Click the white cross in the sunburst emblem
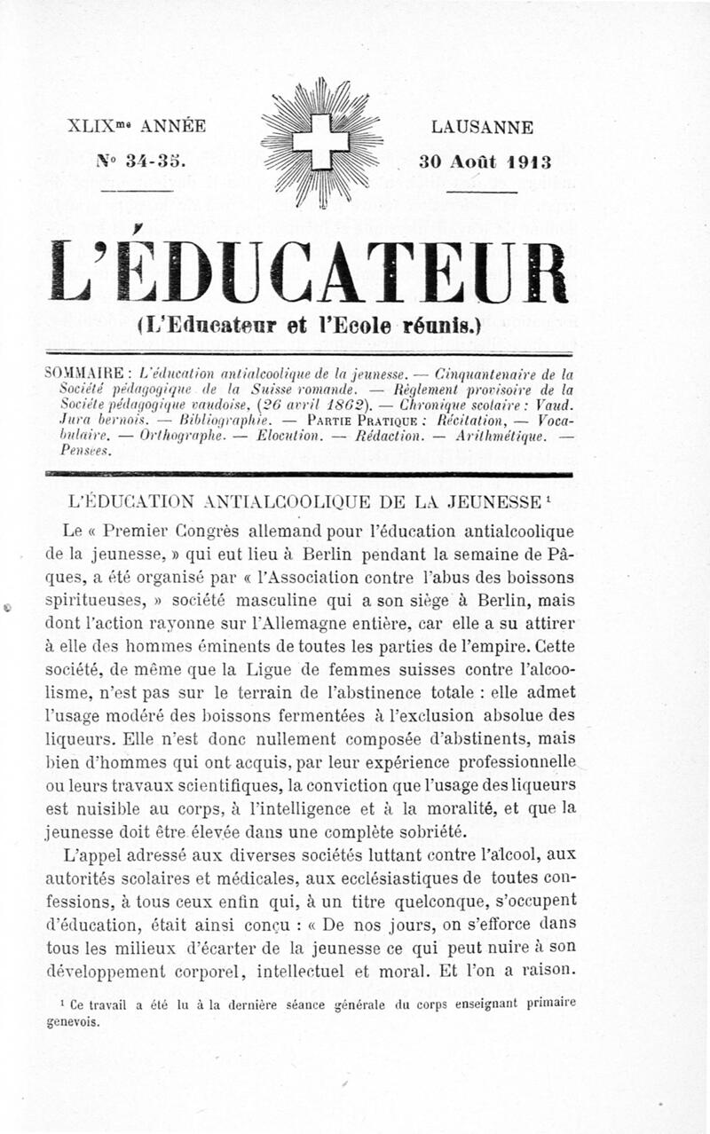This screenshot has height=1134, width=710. pyautogui.click(x=320, y=140)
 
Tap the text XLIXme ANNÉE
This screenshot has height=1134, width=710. pyautogui.click(x=137, y=126)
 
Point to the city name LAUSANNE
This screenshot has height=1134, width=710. pyautogui.click(x=482, y=128)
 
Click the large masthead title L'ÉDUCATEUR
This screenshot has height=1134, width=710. pyautogui.click(x=309, y=272)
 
